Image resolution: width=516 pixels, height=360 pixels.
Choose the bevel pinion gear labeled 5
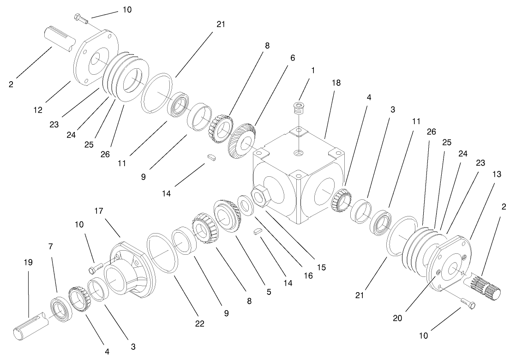pyautogui.click(x=227, y=216)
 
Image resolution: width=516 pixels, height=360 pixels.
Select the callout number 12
pyautogui.click(x=38, y=110)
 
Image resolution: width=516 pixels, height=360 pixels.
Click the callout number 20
pyautogui.click(x=397, y=318)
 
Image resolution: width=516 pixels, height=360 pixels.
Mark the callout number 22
pyautogui.click(x=199, y=324)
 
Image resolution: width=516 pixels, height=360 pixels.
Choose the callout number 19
pyautogui.click(x=28, y=263)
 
